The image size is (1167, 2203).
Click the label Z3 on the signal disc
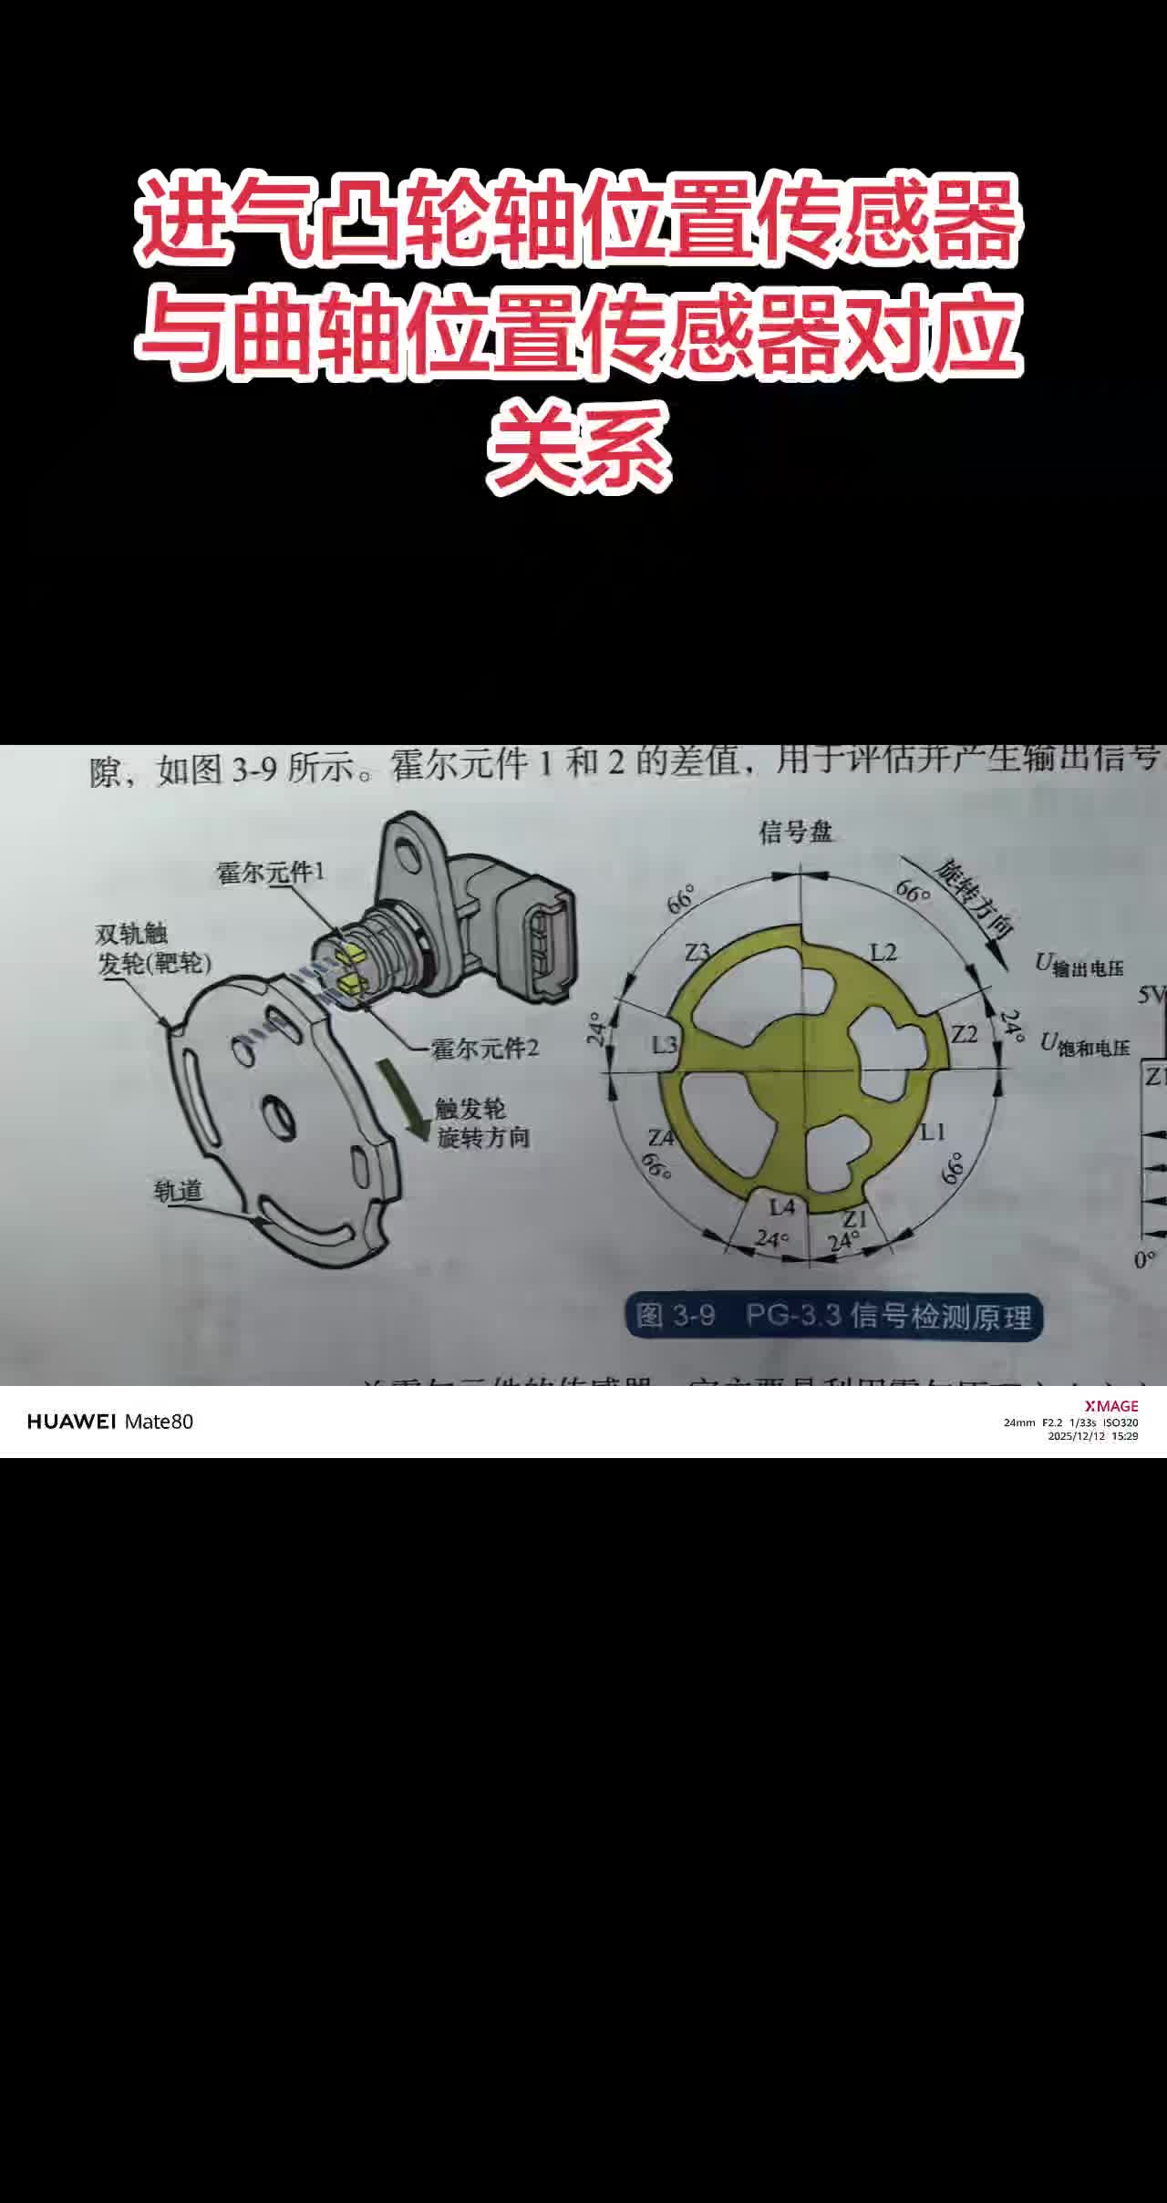697,952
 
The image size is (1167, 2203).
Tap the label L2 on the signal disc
883,953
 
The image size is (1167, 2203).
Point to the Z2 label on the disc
964,1034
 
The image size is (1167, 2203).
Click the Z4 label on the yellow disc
661,1138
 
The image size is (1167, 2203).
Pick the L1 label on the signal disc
932,1132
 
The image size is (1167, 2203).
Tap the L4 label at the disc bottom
782,1207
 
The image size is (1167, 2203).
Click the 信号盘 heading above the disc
796,832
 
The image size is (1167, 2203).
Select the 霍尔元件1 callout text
271,873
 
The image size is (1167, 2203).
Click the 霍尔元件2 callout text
485,1049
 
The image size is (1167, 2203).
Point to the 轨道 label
179,1191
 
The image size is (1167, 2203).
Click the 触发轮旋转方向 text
482,1123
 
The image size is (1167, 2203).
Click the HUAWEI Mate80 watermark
110,1422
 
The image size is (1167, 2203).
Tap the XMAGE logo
1110,1406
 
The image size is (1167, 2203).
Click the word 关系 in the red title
580,444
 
